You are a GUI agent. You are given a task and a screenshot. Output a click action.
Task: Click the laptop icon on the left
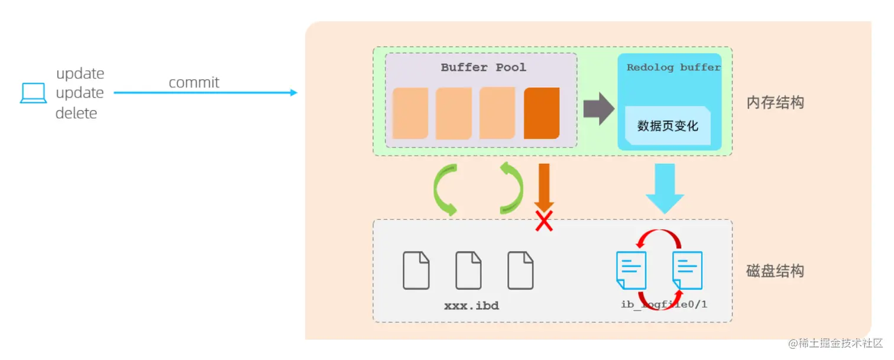tap(33, 93)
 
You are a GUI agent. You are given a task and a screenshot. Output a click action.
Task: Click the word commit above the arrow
tap(194, 82)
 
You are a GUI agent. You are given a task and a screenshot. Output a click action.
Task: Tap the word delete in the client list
tap(76, 113)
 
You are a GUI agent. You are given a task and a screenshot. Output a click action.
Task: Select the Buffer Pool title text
tap(483, 67)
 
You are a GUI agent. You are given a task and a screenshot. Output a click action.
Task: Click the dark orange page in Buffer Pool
tap(542, 113)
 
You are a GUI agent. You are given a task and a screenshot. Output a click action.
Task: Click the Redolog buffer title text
tap(673, 67)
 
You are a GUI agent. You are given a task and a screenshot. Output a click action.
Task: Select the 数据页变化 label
tap(668, 126)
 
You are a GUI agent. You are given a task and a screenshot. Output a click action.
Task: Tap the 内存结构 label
tap(775, 103)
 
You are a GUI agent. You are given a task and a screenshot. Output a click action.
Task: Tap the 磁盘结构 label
tap(775, 271)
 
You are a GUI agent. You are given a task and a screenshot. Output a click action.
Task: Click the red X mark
tap(544, 220)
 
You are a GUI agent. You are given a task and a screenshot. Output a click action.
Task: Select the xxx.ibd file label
tap(471, 306)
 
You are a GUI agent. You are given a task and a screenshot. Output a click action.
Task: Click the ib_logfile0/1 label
tap(664, 304)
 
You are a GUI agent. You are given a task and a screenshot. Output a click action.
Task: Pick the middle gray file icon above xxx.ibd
tap(468, 271)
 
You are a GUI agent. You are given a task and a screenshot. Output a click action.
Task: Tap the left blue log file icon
tap(631, 270)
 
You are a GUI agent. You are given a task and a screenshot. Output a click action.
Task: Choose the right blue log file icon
tap(687, 270)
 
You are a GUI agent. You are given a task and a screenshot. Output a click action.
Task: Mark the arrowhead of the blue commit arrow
tap(293, 93)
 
